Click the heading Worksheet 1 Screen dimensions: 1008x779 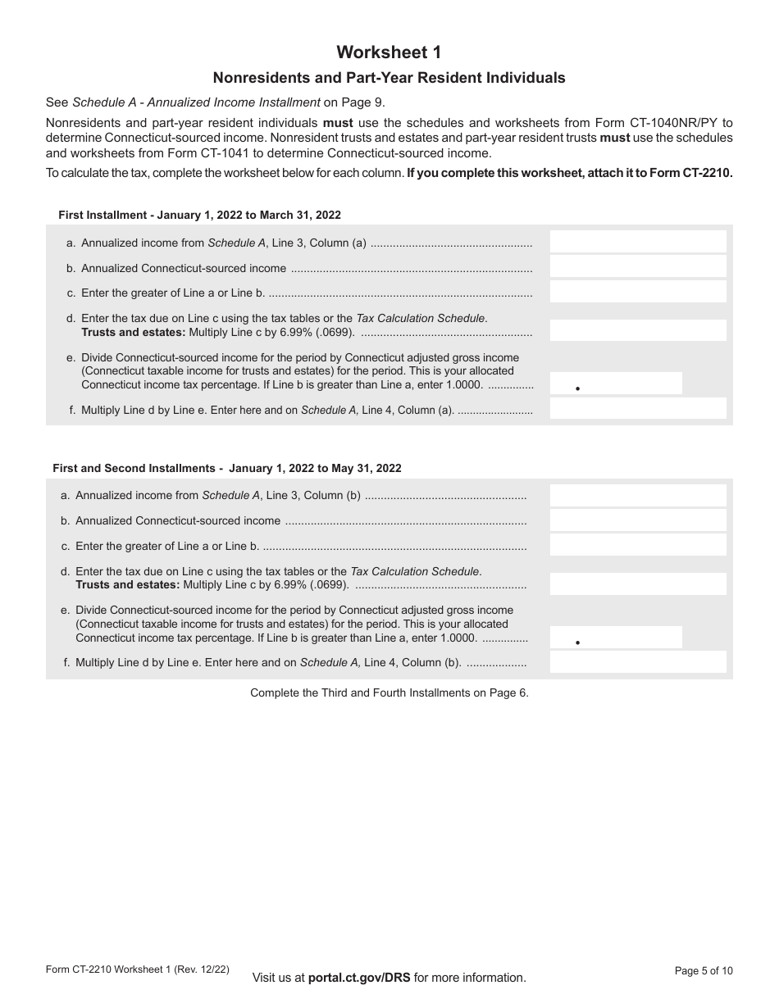[389, 52]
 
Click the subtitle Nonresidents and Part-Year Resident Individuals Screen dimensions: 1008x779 [389, 79]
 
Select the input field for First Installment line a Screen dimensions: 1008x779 [637, 242]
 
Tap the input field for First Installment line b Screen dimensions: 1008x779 [637, 267]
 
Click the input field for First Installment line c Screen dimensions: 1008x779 [637, 292]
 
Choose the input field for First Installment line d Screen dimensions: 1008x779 [637, 330]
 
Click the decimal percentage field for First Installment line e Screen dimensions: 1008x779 [615, 384]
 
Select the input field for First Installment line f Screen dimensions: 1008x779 [637, 409]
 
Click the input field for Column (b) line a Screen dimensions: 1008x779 [637, 495]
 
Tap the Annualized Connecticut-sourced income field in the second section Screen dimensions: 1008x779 [637, 520]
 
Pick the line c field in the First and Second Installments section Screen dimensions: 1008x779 [637, 545]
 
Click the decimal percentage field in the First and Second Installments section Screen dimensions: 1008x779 [615, 638]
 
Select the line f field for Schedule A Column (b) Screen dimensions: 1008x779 [637, 663]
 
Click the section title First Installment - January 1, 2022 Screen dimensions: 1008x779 [199, 215]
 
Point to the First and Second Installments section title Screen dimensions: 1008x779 [227, 468]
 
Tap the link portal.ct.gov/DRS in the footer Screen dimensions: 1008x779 [359, 977]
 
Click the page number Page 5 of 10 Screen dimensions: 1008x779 [703, 971]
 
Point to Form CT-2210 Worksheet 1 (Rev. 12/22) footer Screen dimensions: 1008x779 [138, 969]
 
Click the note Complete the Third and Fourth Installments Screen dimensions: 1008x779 [389, 692]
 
